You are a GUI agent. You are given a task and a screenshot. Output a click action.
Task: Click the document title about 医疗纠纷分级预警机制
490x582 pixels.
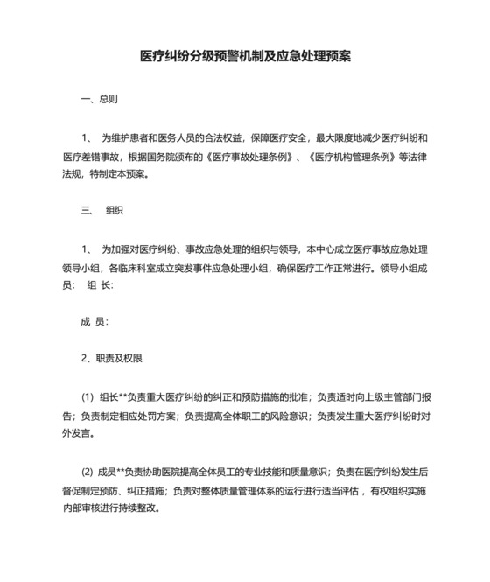coord(246,55)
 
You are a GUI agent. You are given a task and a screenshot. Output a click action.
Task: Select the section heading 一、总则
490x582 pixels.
coord(99,99)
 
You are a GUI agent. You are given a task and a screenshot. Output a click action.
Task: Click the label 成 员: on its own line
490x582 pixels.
coord(94,322)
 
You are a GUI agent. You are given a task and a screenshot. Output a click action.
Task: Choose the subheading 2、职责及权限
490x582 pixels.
coord(111,359)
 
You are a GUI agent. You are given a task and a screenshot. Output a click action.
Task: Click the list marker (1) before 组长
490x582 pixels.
coord(87,396)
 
